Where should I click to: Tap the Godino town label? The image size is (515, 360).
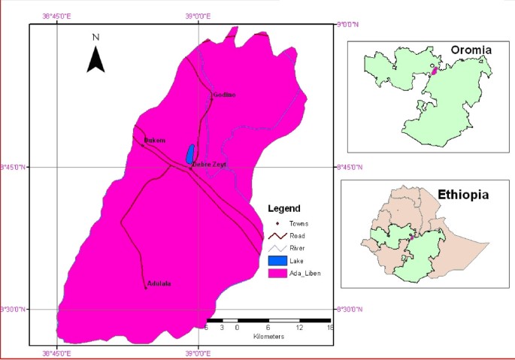[x=225, y=95]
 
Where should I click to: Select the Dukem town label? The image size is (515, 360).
[x=154, y=140]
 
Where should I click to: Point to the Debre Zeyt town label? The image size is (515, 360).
[x=210, y=164]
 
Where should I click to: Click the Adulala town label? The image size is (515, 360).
[x=159, y=283]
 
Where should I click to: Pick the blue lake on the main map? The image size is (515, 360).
[x=190, y=153]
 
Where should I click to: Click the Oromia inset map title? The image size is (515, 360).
[x=471, y=50]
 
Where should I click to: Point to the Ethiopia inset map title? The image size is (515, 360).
[x=464, y=194]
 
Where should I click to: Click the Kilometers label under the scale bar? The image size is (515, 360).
[x=269, y=336]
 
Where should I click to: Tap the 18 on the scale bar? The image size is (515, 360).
[x=328, y=328]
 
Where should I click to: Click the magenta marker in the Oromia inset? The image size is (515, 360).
[x=434, y=71]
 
